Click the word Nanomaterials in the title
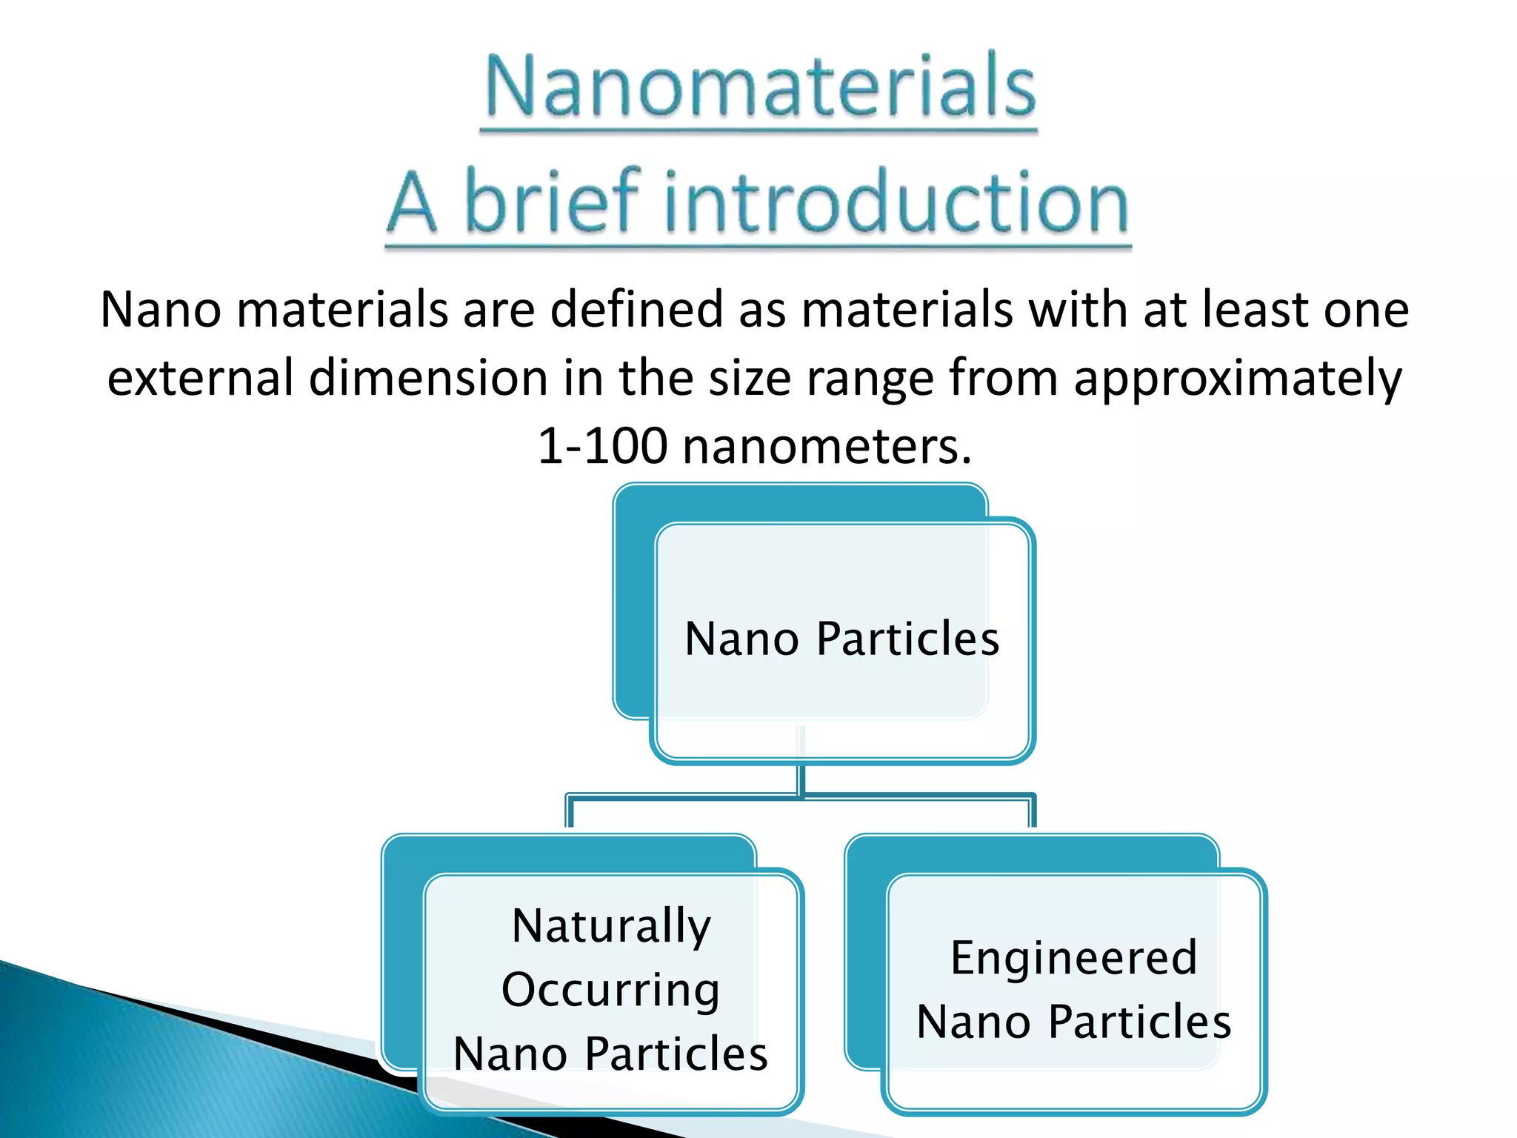pos(760,87)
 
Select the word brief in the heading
pos(552,202)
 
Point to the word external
pos(200,378)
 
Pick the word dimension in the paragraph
pos(428,378)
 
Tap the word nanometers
pos(827,447)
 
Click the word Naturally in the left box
pos(611,925)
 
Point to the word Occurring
pos(610,990)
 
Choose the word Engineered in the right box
pos(1073,957)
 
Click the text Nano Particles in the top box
pos(842,639)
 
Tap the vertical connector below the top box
pos(801,778)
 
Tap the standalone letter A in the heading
pos(412,202)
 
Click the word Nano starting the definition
pos(161,310)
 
